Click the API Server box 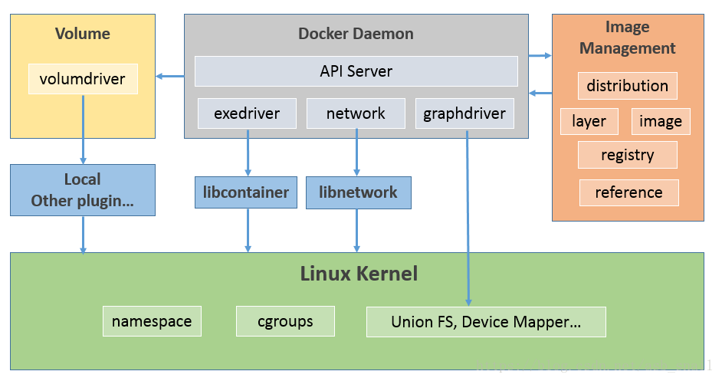pos(356,71)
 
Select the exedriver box pos(247,113)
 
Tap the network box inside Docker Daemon pos(356,113)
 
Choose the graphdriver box pos(464,113)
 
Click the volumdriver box pos(83,78)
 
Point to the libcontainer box pos(246,192)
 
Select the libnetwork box pos(358,192)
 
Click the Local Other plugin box pos(82,190)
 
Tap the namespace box pos(152,321)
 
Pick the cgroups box pos(285,321)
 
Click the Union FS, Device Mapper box pos(486,322)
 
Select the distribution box pos(627,86)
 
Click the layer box pos(589,121)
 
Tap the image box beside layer pos(660,121)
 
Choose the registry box pos(627,155)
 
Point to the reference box pos(628,192)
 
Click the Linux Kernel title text pos(358,273)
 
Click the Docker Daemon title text pos(356,34)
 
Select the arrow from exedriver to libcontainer pos(248,152)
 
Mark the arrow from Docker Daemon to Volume pos(170,76)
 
